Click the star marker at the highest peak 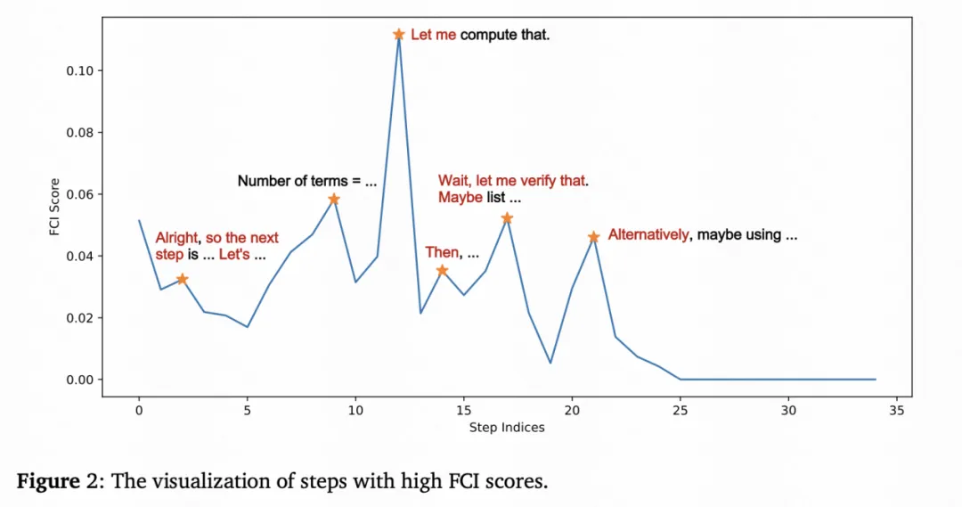(398, 35)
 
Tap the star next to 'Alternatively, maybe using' (593, 237)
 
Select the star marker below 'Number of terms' (333, 199)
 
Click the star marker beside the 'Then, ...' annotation (442, 270)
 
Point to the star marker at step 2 (182, 279)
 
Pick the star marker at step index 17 (507, 218)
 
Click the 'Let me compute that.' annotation (480, 35)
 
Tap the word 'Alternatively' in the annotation (648, 235)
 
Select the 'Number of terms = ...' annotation (307, 181)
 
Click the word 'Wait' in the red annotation (452, 181)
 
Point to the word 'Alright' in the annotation (177, 238)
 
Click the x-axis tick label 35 (897, 412)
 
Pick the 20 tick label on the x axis (572, 412)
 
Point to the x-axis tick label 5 (247, 412)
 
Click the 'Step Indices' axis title (507, 428)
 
